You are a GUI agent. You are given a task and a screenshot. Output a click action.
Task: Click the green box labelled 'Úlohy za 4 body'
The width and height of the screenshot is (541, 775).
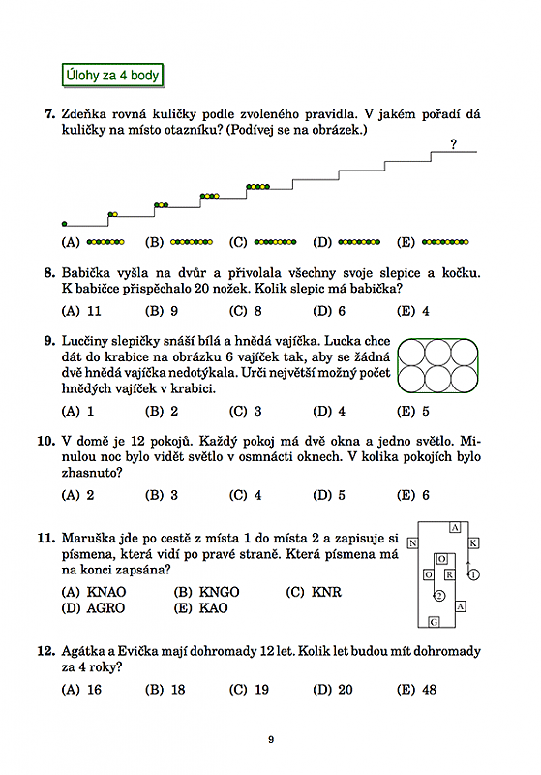[x=112, y=76]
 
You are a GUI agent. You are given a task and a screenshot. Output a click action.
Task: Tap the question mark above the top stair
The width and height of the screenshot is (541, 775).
[x=453, y=143]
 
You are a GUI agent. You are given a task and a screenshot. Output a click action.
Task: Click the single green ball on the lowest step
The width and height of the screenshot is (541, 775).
[x=64, y=224]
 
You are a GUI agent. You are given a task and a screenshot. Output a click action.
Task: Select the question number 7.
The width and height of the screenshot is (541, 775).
[x=50, y=114]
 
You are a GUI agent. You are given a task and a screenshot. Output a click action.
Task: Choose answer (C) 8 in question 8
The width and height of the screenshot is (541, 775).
[x=245, y=311]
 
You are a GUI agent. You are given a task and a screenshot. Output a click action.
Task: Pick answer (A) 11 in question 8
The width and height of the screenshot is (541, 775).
[x=81, y=311]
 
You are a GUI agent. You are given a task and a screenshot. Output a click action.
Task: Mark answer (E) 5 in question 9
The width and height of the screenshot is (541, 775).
[x=413, y=411]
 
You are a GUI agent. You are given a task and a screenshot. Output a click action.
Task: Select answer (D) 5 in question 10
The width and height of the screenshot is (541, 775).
[x=329, y=495]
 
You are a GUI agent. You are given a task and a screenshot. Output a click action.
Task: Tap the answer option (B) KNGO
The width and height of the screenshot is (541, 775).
[x=206, y=592]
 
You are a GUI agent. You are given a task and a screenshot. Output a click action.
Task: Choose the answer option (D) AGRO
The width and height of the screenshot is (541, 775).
[x=93, y=608]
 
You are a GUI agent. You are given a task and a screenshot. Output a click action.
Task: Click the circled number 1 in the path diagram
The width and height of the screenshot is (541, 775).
[x=473, y=574]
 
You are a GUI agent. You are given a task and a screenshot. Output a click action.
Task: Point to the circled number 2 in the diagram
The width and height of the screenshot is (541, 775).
[x=439, y=596]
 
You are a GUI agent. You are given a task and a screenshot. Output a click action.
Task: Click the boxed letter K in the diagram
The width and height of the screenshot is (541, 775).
[x=473, y=543]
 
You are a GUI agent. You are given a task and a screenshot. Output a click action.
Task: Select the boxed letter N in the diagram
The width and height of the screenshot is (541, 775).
[x=412, y=543]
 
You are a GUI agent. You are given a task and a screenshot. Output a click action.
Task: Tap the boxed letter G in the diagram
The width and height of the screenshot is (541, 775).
[x=434, y=622]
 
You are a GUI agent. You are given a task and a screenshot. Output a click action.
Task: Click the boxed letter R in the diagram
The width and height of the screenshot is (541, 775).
[x=449, y=574]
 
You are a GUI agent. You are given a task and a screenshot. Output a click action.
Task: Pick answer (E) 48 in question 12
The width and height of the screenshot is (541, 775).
[x=416, y=690]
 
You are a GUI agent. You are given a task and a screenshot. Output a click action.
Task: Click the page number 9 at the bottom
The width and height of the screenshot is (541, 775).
[x=271, y=739]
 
